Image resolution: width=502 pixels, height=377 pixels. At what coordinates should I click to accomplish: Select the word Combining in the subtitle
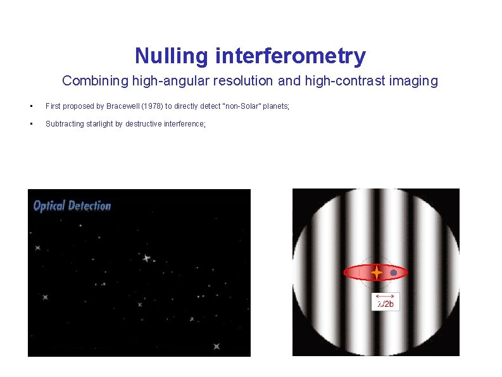click(89, 81)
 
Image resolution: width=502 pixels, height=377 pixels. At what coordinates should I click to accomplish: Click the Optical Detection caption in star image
click(72, 206)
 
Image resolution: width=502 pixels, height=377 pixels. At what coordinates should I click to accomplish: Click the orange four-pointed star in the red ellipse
click(376, 273)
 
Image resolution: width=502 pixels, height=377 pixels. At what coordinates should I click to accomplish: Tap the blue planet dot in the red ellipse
click(394, 273)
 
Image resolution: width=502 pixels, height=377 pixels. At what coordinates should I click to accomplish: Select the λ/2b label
click(385, 304)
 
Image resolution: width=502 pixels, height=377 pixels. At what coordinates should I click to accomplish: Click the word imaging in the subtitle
click(415, 81)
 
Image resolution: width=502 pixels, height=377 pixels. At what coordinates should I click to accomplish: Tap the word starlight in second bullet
click(103, 124)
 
